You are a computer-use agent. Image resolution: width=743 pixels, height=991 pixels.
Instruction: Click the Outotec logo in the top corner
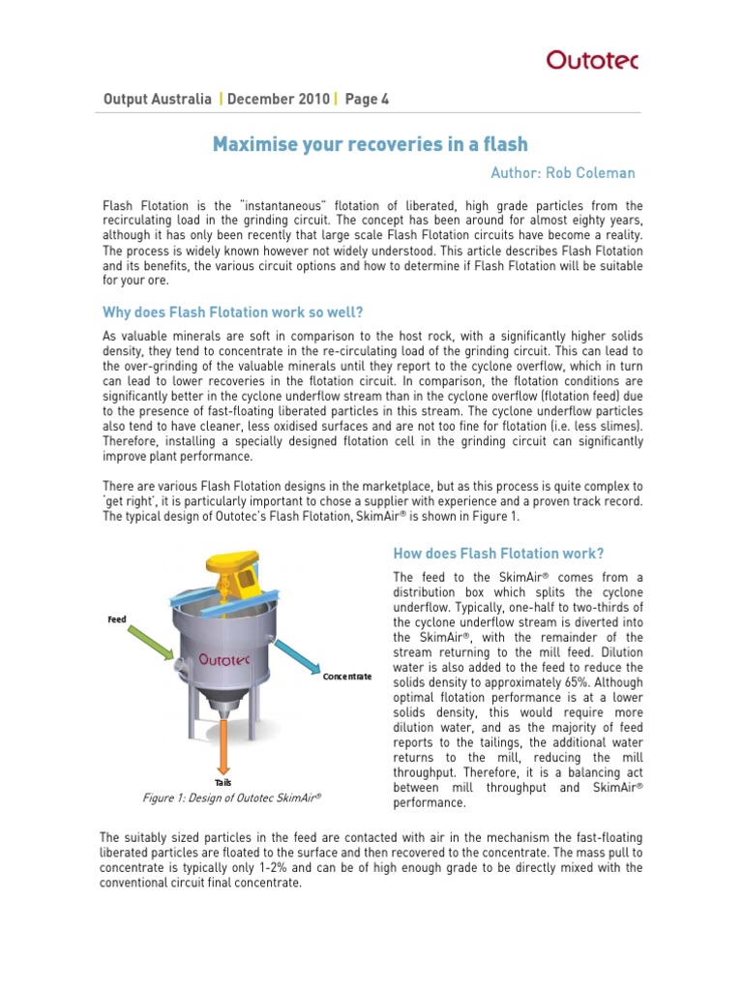[592, 60]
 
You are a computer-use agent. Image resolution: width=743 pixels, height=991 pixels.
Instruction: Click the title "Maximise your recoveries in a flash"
[371, 144]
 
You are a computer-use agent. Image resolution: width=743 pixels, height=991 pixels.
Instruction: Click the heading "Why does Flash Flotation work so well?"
[233, 312]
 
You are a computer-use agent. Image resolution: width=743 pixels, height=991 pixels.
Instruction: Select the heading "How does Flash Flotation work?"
[498, 554]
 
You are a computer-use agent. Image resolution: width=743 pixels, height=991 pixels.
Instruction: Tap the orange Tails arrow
[223, 746]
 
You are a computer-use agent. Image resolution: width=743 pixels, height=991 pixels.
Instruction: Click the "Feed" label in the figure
[116, 618]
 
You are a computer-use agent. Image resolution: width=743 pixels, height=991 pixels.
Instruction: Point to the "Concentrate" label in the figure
[347, 676]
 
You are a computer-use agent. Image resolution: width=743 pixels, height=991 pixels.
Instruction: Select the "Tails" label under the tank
[223, 782]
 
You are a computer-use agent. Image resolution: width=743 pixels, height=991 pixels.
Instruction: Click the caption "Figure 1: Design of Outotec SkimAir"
[230, 798]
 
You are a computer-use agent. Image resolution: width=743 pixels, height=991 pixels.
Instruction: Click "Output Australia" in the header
[157, 99]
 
